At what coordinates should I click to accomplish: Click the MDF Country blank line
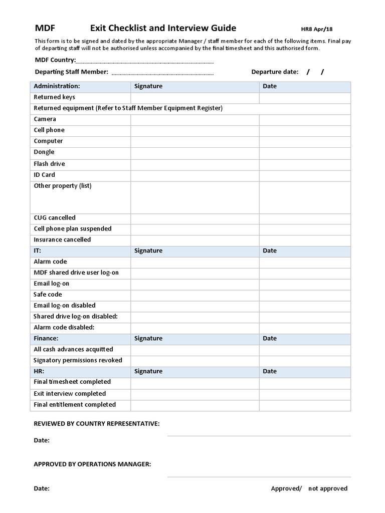pos(145,62)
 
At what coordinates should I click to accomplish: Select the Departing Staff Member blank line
pos(162,73)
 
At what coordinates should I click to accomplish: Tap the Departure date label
pos(275,72)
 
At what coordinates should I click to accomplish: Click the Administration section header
pos(57,86)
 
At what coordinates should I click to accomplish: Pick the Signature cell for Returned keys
pos(195,98)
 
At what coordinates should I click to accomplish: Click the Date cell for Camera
pos(304,120)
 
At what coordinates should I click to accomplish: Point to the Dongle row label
pos(44,152)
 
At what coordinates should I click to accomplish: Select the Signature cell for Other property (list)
pos(195,197)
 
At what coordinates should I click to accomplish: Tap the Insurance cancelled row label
pos(62,240)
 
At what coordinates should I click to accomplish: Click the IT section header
pos(38,250)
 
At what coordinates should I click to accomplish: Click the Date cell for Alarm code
pos(304,262)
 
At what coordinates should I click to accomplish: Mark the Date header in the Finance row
pos(270,339)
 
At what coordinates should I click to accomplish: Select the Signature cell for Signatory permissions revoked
pos(195,361)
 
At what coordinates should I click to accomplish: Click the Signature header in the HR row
pos(148,372)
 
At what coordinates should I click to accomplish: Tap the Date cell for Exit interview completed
pos(304,394)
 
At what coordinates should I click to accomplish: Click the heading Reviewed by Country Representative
pos(97,424)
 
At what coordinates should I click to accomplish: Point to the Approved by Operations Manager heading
pos(92,464)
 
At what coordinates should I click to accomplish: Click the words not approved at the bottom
pos(328,489)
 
